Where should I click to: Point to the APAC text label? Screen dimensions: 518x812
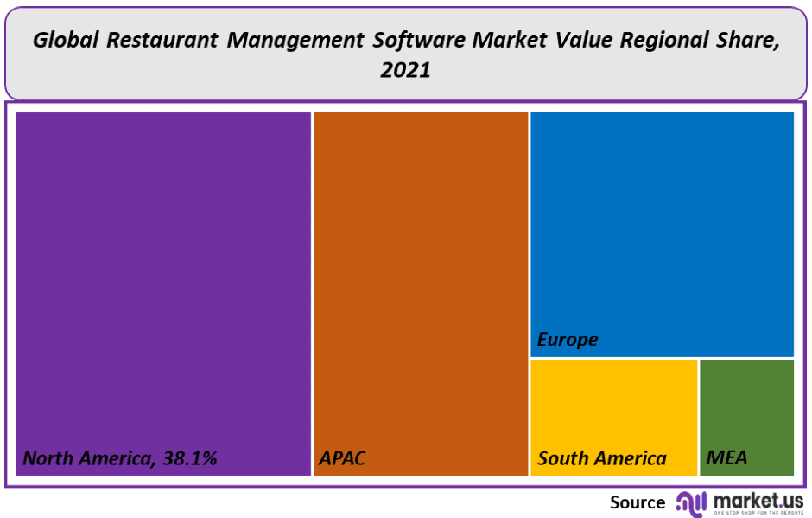tap(342, 458)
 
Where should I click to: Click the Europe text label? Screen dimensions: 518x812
tap(568, 340)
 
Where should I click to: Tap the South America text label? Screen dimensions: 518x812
tap(602, 458)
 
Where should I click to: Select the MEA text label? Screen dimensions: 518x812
tap(726, 458)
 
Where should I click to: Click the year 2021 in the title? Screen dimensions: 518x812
tap(405, 71)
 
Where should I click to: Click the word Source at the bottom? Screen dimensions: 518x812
tap(638, 502)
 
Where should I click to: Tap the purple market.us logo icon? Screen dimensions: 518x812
tap(692, 502)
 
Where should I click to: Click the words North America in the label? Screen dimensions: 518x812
tap(86, 458)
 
